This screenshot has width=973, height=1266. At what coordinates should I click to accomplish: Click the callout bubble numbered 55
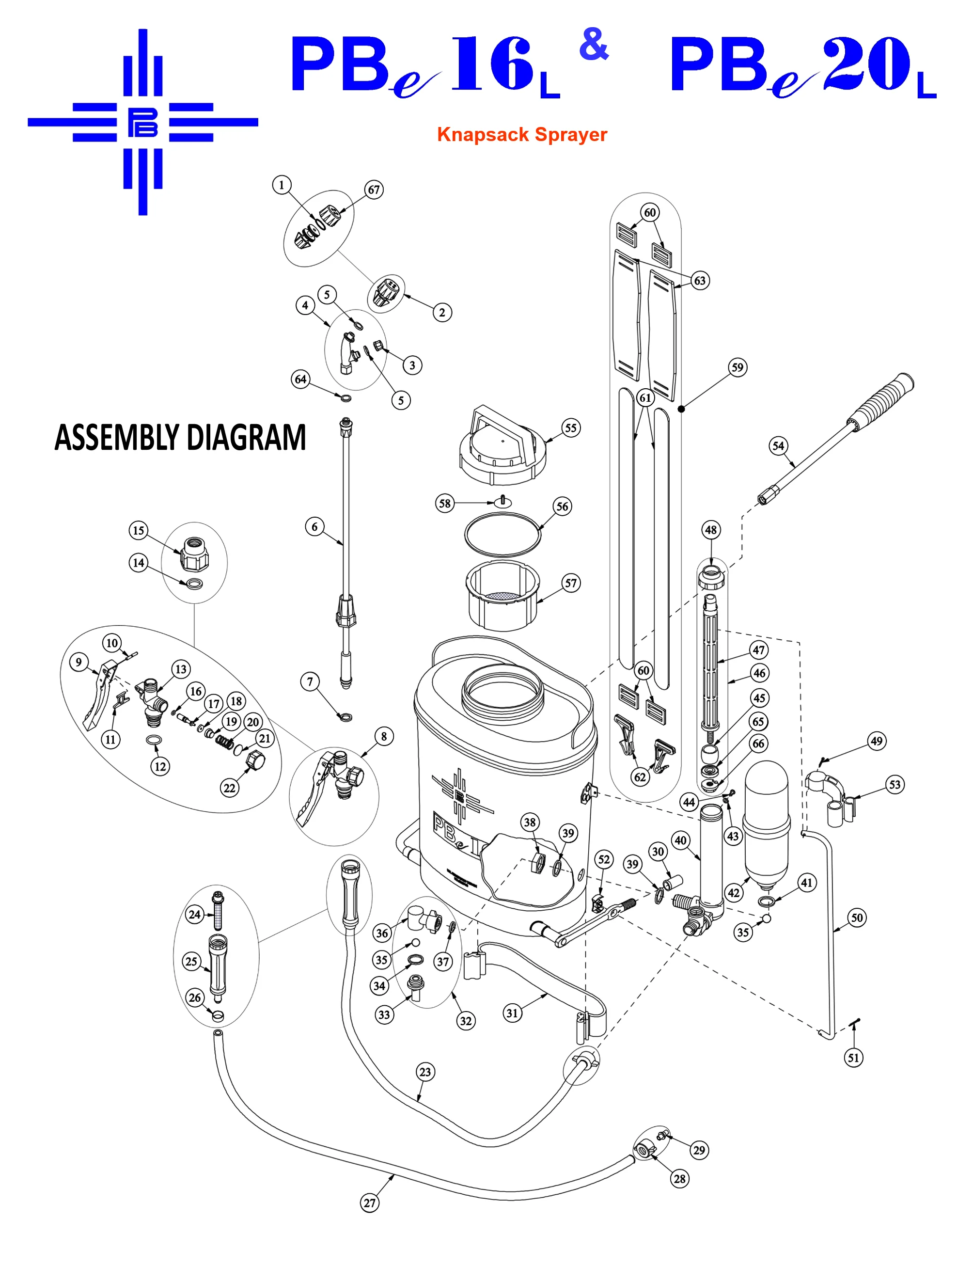coord(570,427)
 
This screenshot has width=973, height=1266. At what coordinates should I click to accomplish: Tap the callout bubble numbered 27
coord(370,1203)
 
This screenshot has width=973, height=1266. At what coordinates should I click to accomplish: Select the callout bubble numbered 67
coord(374,190)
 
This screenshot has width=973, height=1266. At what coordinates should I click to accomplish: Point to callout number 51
coord(853,1058)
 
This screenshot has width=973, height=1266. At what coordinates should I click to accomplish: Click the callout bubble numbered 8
coord(383,736)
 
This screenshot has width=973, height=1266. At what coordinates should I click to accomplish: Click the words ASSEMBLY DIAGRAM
coord(180,438)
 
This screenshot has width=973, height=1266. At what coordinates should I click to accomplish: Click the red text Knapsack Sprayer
coord(522,134)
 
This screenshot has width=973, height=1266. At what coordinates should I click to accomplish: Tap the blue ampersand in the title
coord(594,45)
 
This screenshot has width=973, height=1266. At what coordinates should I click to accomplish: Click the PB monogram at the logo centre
coord(142,122)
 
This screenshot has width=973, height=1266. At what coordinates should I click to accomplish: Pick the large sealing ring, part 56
coord(502,535)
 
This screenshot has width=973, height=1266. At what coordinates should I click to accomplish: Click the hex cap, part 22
coord(255,760)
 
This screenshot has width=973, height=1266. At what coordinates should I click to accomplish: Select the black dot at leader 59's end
coord(681,409)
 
